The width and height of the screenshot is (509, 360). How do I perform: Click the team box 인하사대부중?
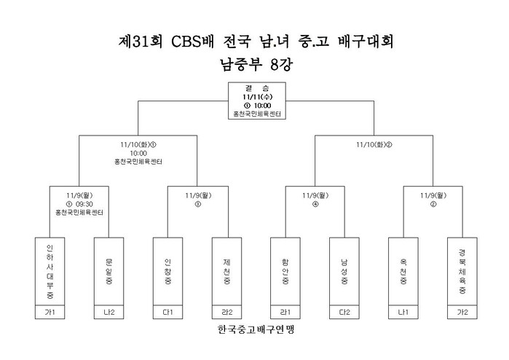[x=50, y=271]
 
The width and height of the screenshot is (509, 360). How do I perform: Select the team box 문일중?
[x=108, y=271]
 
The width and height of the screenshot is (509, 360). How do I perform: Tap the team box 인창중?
[x=167, y=271]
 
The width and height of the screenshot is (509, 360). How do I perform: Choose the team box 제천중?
[x=227, y=271]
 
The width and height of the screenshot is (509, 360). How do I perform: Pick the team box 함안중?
[x=285, y=271]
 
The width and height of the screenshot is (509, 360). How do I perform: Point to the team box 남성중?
[x=344, y=271]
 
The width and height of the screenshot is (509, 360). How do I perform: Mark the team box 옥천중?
[x=403, y=271]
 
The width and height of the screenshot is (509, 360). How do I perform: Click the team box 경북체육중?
[x=462, y=271]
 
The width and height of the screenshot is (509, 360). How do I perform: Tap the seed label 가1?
[x=50, y=312]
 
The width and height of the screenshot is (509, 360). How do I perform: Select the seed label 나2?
[x=108, y=312]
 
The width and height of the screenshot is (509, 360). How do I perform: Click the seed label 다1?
[x=167, y=312]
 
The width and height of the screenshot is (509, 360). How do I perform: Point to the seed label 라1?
[x=285, y=312]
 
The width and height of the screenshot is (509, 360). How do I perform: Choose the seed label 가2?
[x=462, y=312]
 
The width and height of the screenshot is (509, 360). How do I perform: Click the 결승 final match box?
[x=257, y=101]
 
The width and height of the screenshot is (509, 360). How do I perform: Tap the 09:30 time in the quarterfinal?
[x=84, y=204]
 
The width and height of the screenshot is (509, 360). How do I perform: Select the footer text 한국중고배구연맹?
[x=256, y=329]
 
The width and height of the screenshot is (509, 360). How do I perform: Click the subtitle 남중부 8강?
[x=256, y=64]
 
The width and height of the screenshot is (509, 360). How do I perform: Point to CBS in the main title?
[x=186, y=42]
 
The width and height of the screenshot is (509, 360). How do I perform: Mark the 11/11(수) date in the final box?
[x=258, y=97]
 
